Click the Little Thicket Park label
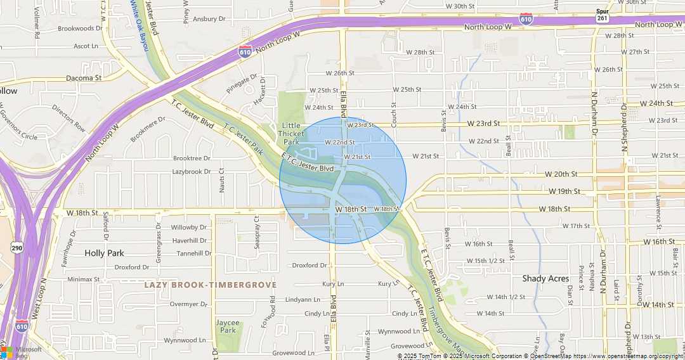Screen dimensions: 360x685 point(292,134)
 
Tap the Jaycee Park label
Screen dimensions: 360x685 point(228,326)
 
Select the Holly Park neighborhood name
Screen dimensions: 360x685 point(104,253)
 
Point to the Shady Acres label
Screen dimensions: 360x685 point(545,278)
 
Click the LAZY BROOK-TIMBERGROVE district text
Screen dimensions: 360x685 point(211,285)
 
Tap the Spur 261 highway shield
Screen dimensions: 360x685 point(603,15)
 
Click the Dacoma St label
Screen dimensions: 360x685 point(84,78)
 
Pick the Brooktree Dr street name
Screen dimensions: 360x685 point(192,158)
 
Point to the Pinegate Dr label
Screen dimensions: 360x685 point(242,84)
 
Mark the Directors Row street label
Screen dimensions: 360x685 point(69,118)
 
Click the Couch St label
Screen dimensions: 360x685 point(394,115)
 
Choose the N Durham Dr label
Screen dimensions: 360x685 point(595,115)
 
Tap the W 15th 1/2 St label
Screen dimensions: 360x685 point(486,260)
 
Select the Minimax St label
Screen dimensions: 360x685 point(84,279)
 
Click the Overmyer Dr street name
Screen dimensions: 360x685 point(188,304)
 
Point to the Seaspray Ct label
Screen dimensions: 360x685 point(258,236)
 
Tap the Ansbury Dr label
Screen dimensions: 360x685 point(209,19)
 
